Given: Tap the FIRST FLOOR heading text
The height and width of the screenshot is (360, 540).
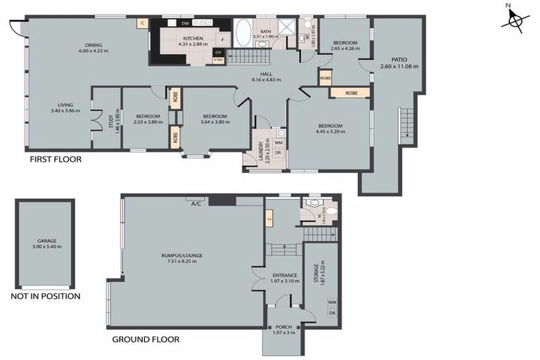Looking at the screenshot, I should (55, 160).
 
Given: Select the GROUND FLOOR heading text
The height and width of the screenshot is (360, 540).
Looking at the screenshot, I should (146, 339).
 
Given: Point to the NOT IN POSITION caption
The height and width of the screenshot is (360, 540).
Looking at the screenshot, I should (45, 296).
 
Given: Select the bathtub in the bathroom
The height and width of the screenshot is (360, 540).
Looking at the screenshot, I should (243, 32).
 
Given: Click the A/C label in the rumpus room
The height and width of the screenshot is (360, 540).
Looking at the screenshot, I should (196, 205).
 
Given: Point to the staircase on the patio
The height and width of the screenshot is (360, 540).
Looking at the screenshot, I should (405, 125).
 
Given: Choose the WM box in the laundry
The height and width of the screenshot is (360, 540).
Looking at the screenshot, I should (278, 143).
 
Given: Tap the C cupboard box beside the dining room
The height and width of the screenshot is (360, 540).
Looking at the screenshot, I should (143, 23).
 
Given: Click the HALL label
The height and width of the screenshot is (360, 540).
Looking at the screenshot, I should (266, 74).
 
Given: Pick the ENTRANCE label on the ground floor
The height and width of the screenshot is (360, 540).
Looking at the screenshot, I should (284, 275).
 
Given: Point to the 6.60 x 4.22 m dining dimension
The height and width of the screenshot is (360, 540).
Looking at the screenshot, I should (94, 51).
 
